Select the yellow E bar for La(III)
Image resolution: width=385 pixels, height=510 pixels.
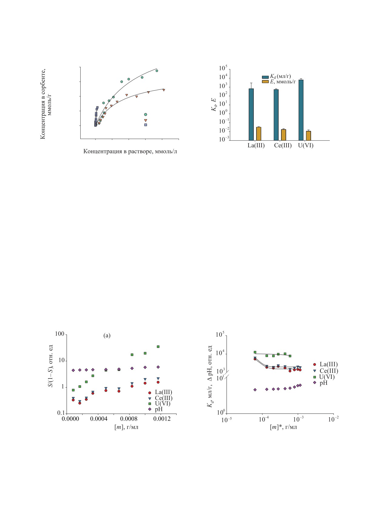[259, 134]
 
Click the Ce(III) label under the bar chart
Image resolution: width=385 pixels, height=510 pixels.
[283, 145]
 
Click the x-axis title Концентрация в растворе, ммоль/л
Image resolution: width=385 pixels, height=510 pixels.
[130, 151]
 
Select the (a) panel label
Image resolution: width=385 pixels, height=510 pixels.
[107, 335]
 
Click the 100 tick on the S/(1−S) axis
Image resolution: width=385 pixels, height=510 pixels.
[59, 334]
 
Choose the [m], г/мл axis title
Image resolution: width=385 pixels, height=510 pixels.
[126, 427]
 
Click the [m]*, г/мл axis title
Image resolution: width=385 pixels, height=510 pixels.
[283, 427]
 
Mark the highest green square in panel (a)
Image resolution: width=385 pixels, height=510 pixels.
[158, 347]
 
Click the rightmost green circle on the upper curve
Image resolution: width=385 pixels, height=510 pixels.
[157, 71]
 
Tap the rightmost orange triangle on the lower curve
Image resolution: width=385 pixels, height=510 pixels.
[164, 90]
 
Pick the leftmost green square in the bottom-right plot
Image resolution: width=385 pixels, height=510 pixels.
[255, 352]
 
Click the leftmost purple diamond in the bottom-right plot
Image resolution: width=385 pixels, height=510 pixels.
[255, 390]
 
